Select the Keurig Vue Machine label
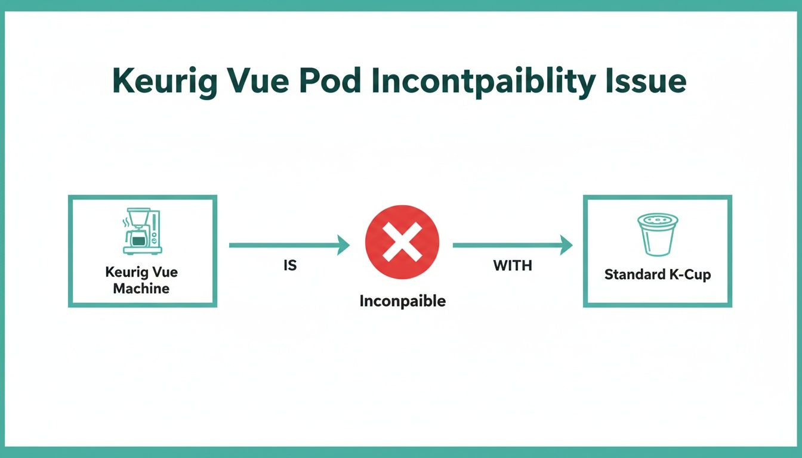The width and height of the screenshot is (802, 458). [x=142, y=280]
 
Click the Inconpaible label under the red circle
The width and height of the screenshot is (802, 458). [x=402, y=301]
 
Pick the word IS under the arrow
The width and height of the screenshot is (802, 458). [x=289, y=266]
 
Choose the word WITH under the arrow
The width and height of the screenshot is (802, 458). [x=512, y=266]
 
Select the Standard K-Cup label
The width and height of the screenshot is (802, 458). [x=658, y=275]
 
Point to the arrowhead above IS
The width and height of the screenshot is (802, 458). [x=343, y=245]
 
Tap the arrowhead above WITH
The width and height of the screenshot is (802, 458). [x=566, y=245]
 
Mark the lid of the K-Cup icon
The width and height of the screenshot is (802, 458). [x=658, y=220]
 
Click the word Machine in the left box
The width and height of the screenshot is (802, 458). [x=141, y=289]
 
